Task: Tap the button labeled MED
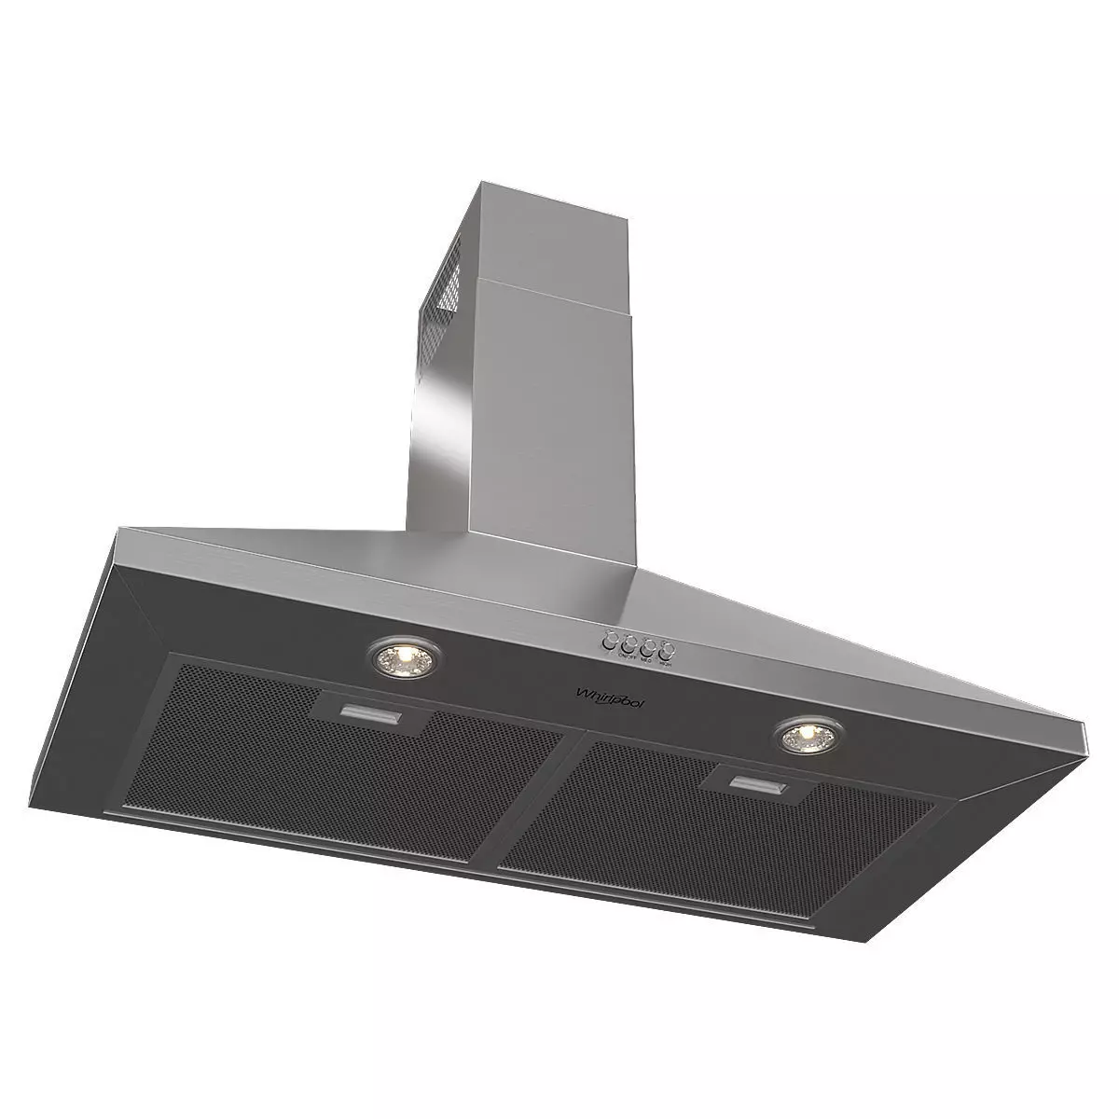(x=648, y=647)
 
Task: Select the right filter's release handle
(x=757, y=781)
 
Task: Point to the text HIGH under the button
(x=665, y=665)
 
